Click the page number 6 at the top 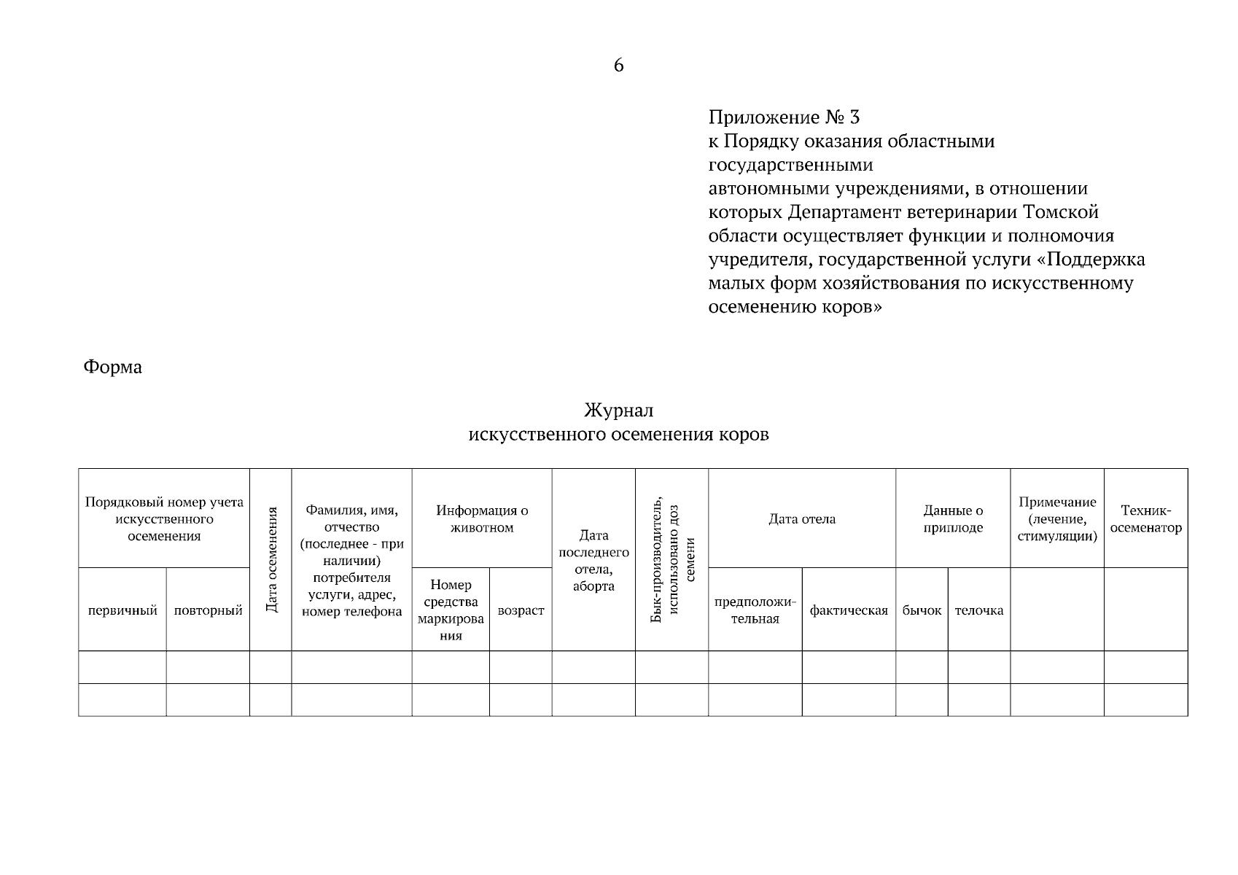tap(618, 66)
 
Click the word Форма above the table tap(112, 367)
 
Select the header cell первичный tap(122, 610)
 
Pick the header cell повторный tap(208, 610)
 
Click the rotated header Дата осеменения tap(271, 559)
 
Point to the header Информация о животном tap(482, 519)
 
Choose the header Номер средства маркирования tap(451, 610)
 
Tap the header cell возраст tap(521, 610)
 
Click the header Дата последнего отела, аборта tap(593, 560)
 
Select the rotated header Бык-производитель tap(657, 559)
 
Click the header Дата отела tap(802, 519)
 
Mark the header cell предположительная tap(755, 610)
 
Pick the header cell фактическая tap(849, 610)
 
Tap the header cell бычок tap(922, 610)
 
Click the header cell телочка tap(978, 610)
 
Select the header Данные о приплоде tap(953, 519)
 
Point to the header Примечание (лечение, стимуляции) tap(1057, 519)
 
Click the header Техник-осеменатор tap(1145, 519)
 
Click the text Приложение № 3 tap(784, 117)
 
